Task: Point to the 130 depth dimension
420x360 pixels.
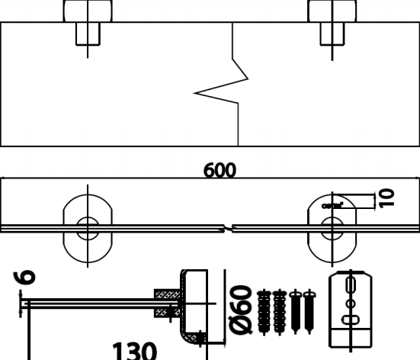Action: coord(135,352)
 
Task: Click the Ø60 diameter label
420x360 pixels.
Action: coord(242,309)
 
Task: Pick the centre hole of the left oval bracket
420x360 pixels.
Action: coord(87,226)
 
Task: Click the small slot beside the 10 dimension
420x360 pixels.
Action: coord(332,205)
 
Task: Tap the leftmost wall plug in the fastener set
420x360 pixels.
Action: coord(265,311)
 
